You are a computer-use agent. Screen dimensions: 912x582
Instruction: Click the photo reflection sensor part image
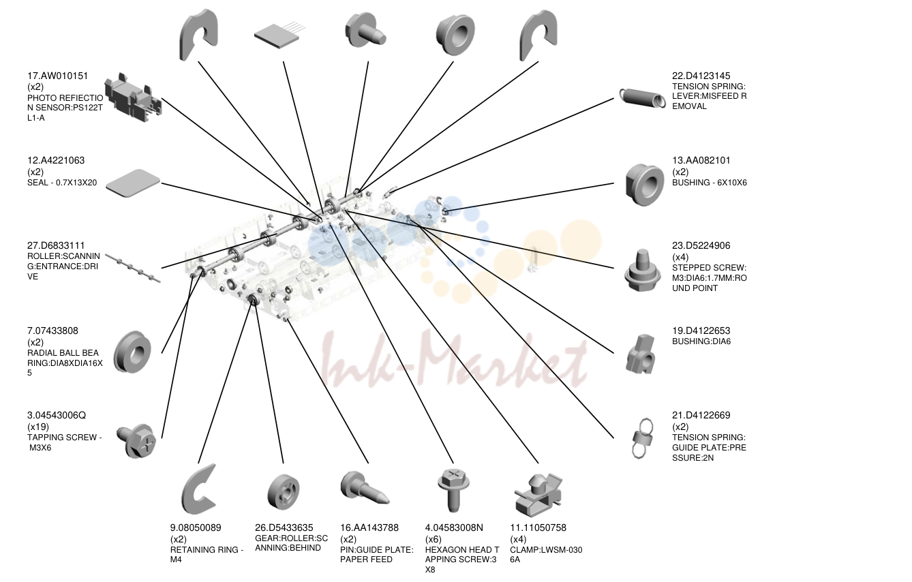(133, 97)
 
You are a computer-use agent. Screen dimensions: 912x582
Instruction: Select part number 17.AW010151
(57, 76)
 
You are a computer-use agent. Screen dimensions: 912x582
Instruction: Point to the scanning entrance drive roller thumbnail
(133, 269)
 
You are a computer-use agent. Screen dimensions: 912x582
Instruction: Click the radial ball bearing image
(132, 352)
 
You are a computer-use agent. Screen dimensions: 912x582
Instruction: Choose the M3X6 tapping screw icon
(136, 441)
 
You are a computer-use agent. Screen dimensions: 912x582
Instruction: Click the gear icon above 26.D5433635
(284, 491)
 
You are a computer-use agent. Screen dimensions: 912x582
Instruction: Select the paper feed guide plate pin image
(365, 487)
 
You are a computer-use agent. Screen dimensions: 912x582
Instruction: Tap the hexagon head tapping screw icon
(453, 490)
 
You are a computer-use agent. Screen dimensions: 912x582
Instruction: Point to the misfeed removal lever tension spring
(643, 97)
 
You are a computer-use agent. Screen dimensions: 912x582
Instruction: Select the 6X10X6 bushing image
(645, 185)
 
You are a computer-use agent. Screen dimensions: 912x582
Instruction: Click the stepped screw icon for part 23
(643, 271)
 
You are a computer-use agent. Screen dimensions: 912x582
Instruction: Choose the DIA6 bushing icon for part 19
(641, 354)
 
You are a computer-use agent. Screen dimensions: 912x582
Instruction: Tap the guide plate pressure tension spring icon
(642, 439)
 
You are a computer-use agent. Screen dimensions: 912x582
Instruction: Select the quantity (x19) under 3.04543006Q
(38, 427)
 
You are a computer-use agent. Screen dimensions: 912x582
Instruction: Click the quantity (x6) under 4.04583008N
(434, 539)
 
